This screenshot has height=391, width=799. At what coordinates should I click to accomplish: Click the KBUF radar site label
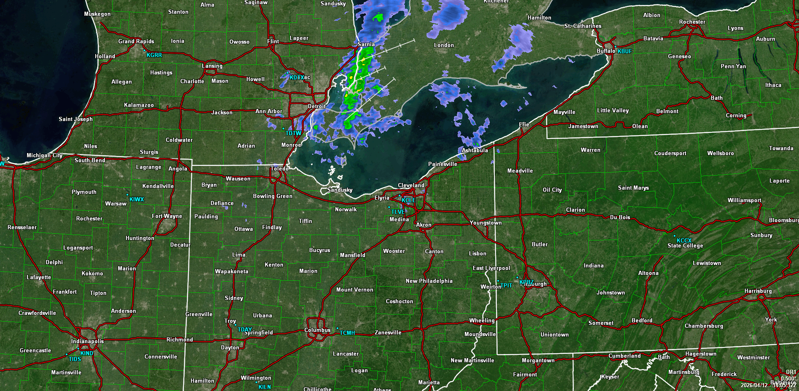click(624, 51)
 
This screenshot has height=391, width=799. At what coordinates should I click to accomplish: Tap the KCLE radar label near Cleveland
click(408, 200)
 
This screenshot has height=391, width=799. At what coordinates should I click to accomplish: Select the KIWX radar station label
click(136, 199)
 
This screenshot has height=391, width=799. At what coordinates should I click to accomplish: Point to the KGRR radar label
click(154, 55)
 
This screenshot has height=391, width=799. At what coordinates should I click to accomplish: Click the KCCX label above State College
click(684, 240)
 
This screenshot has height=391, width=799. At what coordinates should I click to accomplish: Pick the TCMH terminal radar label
click(347, 333)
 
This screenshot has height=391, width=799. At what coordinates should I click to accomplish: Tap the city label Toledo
click(279, 168)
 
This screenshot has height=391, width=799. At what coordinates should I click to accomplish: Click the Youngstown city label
click(486, 223)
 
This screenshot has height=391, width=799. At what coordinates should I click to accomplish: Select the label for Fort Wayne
click(167, 216)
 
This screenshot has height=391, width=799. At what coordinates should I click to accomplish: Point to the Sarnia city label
click(366, 44)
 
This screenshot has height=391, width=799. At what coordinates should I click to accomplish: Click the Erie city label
click(524, 124)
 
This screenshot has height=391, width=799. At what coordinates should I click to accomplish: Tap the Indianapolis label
click(87, 341)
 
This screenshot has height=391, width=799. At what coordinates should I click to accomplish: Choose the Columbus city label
click(317, 330)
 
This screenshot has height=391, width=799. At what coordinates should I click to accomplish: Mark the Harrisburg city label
click(758, 291)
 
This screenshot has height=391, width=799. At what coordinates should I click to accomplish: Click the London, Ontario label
click(444, 45)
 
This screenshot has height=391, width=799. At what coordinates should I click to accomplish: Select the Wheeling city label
click(482, 320)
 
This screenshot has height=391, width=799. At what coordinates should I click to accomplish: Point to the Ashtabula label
click(474, 150)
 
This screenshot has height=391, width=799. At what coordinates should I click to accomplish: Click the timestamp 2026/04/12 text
click(754, 385)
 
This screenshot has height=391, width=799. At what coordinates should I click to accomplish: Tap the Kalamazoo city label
click(139, 105)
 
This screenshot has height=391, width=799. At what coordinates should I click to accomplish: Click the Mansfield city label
click(352, 255)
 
